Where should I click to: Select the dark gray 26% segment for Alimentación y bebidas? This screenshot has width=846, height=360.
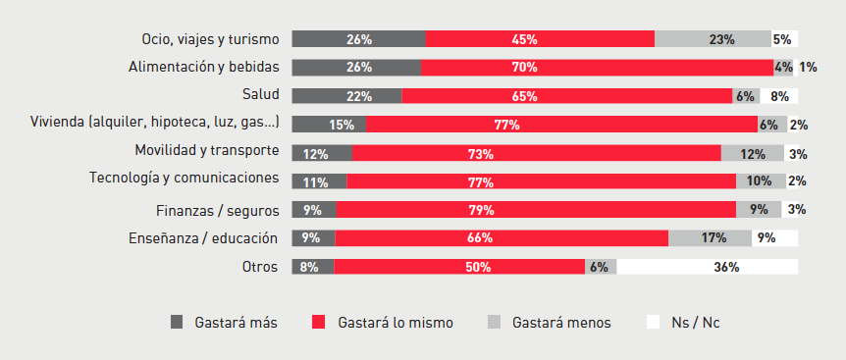coord(357,68)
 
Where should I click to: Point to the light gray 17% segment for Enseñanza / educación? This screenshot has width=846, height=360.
coord(710,238)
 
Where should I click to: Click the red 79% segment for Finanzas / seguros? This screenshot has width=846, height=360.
coord(536,210)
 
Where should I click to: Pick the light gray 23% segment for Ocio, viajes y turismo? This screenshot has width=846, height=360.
coord(713,39)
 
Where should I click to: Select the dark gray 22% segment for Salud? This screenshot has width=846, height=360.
coord(346,96)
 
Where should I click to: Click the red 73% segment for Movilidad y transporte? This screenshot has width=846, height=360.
coord(537,153)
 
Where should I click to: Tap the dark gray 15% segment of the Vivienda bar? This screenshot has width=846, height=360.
coord(329,125)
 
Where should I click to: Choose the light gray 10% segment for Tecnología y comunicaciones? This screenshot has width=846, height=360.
coord(760,181)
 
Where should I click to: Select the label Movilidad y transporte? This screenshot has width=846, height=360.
coord(207,151)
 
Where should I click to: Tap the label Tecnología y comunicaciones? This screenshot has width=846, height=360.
coord(185,179)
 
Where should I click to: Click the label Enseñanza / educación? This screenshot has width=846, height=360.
coord(203,237)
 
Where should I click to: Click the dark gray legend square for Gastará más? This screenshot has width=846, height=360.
coord(177,322)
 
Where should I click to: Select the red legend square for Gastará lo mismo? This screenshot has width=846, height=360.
coord(318,322)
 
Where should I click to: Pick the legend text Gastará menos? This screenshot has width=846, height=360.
coord(561,322)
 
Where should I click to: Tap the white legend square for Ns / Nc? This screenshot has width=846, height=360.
coord(652,322)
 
